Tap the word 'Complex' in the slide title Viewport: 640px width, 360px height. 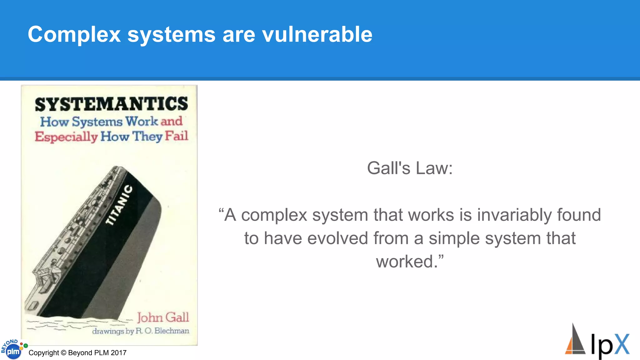(74, 35)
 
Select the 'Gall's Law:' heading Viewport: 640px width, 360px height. (410, 168)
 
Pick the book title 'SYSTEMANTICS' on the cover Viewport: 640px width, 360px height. (111, 104)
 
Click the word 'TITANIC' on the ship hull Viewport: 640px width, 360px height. (119, 205)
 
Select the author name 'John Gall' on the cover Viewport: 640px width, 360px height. (163, 317)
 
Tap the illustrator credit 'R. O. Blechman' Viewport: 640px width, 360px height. (162, 331)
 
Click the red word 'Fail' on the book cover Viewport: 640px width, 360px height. (177, 136)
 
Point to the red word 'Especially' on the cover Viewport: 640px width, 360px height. (66, 137)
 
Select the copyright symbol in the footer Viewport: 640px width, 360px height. (63, 353)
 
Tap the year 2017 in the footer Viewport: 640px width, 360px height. (118, 353)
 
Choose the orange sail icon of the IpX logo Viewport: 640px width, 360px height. (571, 346)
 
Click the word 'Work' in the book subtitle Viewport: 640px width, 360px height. (142, 121)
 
